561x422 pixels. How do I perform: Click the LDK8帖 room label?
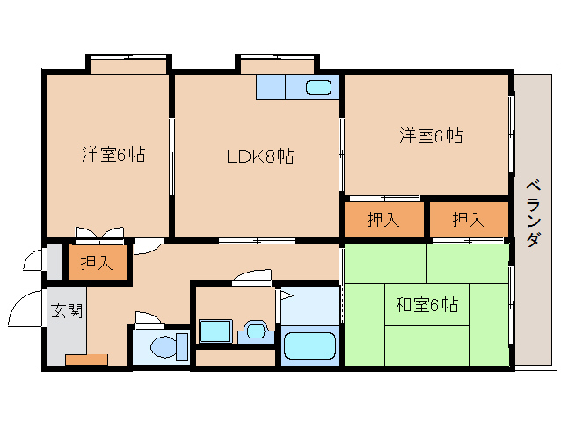point(260,156)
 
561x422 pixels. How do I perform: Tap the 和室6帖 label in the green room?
point(426,305)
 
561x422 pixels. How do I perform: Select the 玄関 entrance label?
point(67,311)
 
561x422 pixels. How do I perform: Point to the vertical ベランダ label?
point(533,214)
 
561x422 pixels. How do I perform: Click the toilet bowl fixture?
point(170,347)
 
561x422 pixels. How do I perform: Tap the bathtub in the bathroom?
point(310,346)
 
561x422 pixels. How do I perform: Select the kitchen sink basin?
point(318,87)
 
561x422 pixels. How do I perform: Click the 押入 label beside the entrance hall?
point(97,263)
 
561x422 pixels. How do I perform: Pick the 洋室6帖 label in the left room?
point(113,154)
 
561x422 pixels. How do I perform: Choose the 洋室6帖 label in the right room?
point(431,135)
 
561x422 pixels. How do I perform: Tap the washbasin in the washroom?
point(256,331)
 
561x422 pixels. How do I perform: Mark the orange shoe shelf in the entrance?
point(86,360)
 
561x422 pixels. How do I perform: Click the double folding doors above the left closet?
point(100,234)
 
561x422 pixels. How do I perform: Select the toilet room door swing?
point(148,319)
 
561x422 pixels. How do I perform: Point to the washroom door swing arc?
point(251,276)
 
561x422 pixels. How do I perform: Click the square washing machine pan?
point(216,331)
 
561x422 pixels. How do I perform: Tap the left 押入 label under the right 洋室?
point(383,219)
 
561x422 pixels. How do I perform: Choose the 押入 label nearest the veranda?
point(469,219)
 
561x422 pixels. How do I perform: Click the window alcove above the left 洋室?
point(128,64)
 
